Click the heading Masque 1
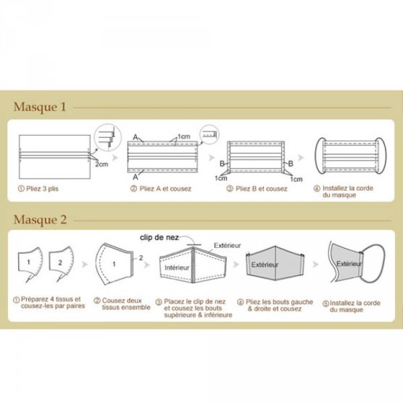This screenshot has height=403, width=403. click(40, 107)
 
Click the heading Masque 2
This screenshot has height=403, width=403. click(40, 220)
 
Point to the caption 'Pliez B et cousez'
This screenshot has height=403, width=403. click(259, 189)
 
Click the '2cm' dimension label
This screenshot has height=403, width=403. click(100, 164)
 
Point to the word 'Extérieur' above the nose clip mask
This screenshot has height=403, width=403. click(227, 246)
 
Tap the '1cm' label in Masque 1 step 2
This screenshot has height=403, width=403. click(185, 137)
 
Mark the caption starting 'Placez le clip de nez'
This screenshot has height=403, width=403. click(198, 308)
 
